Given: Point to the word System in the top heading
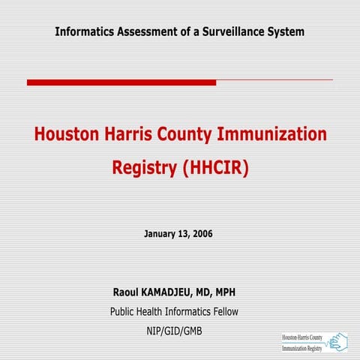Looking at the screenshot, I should tap(286, 31).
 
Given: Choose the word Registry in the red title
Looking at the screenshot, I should tap(145, 167).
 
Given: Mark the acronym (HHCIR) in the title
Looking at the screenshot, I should tap(215, 167).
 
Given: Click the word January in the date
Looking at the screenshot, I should tap(160, 234).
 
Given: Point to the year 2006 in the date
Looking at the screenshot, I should tap(202, 234).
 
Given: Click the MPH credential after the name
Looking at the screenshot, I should tap(232, 292).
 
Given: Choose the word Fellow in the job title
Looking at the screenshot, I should tap(223, 311).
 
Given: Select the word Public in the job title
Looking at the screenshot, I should tap(124, 311).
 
